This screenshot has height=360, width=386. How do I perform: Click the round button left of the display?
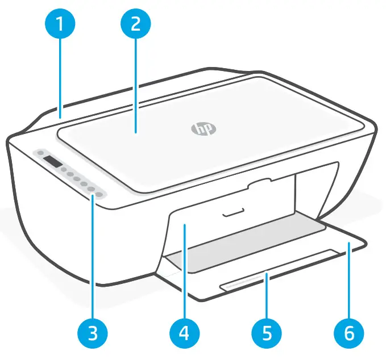pos(40,153)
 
